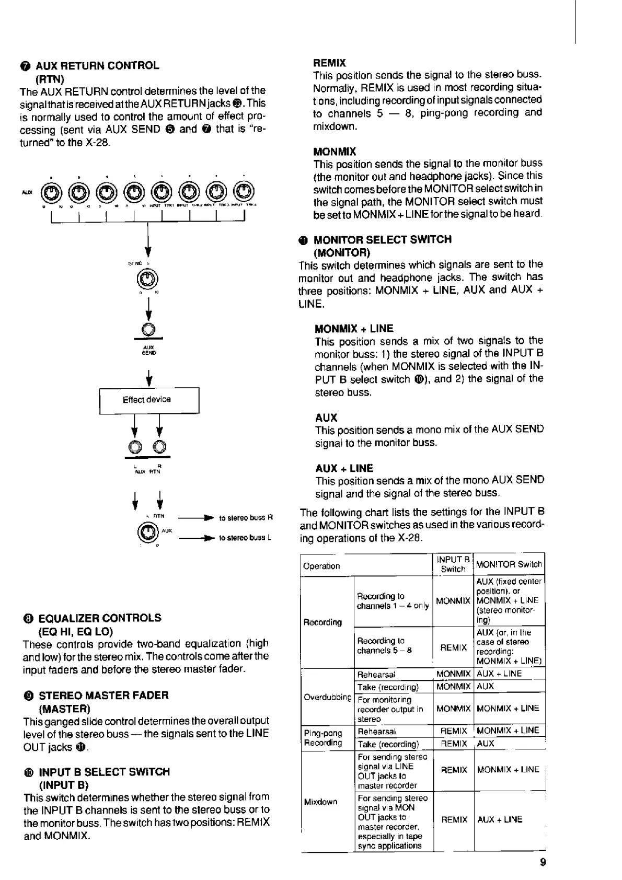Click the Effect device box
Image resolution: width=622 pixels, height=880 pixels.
coord(149,400)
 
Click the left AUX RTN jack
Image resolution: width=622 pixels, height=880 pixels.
coord(136,447)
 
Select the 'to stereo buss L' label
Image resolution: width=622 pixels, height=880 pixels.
coord(245,538)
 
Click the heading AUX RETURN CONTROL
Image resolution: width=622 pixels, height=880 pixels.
coord(97,66)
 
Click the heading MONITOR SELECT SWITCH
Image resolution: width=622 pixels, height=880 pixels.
coord(382,240)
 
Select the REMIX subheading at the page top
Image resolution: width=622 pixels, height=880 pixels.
coord(329,63)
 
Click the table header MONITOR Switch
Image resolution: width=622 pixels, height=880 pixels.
coord(509,564)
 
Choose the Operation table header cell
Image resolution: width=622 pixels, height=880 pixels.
coord(321,566)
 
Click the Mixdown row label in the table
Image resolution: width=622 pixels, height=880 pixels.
coord(320,802)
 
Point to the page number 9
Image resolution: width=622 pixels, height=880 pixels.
coord(543,862)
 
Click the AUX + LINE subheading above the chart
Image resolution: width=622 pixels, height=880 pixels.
coord(344,468)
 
